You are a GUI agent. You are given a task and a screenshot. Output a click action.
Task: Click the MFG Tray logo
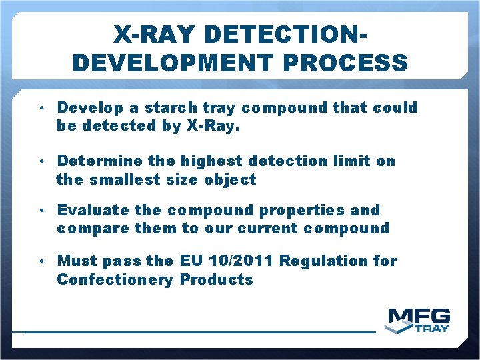click(x=419, y=321)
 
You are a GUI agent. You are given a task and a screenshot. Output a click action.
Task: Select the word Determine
click(x=100, y=161)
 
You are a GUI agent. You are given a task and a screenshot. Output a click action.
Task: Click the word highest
click(x=212, y=161)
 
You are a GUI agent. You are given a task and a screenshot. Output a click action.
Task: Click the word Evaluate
click(x=93, y=210)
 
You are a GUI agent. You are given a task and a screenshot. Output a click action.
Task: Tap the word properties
click(x=301, y=210)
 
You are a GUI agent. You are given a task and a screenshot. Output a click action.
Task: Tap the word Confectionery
click(x=114, y=279)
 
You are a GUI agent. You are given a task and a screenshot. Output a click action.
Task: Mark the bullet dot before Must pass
click(x=41, y=261)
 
